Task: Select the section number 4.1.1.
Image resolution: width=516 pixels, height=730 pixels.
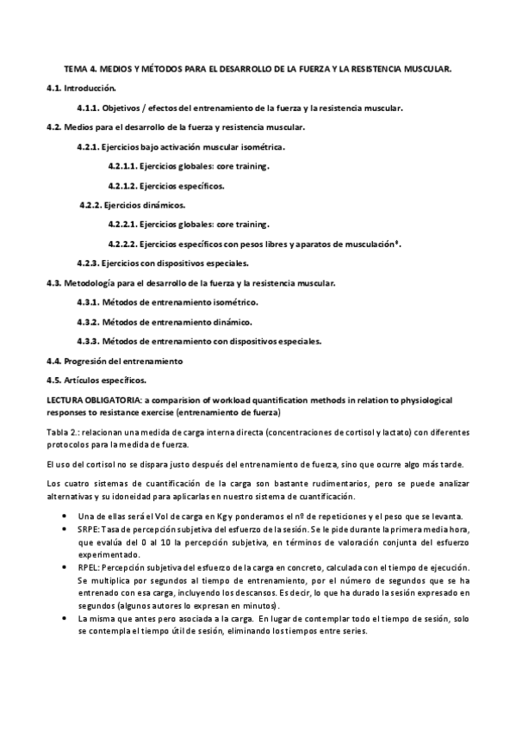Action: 88,108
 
